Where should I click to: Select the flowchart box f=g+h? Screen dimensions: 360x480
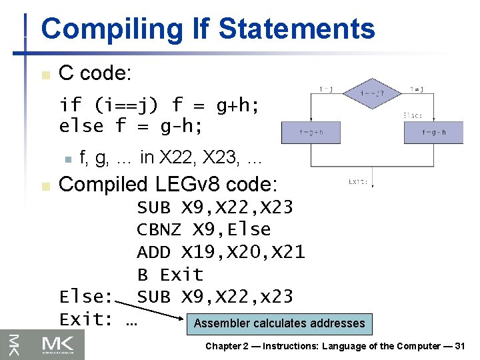coord(311,131)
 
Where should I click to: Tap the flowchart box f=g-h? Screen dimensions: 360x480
coord(433,131)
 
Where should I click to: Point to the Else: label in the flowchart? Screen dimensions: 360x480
coord(413,115)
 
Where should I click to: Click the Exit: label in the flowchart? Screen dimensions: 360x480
coord(358,181)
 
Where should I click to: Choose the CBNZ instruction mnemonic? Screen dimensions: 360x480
coord(159,229)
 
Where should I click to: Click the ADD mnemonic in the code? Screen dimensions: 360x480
coord(153,252)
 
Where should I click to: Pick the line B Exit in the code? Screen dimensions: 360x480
coord(170,275)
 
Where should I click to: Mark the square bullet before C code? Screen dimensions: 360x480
coord(45,75)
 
